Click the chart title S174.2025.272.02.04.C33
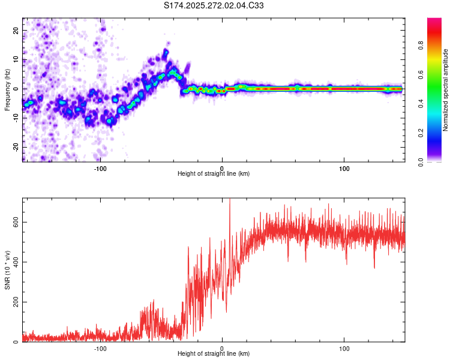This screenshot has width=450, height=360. pyautogui.click(x=214, y=6)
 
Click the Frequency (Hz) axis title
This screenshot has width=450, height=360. pyautogui.click(x=7, y=89)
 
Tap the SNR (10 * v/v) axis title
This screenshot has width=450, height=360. pyautogui.click(x=7, y=270)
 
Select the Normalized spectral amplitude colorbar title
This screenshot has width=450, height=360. pyautogui.click(x=446, y=90)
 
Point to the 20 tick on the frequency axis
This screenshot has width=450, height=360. pyautogui.click(x=16, y=30)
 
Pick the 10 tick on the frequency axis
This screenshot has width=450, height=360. pyautogui.click(x=16, y=59)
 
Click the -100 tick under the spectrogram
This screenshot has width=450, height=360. pyautogui.click(x=100, y=167)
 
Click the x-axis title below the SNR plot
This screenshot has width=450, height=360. pyautogui.click(x=214, y=354)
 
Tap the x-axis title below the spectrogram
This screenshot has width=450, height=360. pyautogui.click(x=214, y=173)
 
